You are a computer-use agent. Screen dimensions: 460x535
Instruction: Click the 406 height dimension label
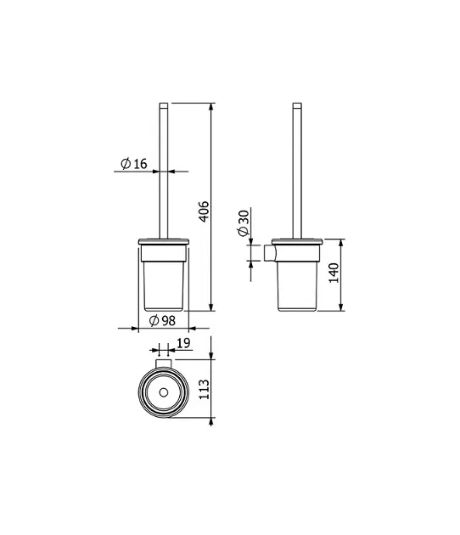(x=204, y=211)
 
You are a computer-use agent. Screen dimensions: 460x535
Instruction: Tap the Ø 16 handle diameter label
(x=133, y=164)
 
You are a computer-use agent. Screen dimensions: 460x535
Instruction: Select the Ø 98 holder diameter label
(x=162, y=320)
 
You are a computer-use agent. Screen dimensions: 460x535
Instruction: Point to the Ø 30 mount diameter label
(x=244, y=223)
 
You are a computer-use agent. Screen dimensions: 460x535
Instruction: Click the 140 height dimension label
(x=334, y=273)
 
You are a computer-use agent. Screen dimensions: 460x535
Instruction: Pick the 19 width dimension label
(x=183, y=343)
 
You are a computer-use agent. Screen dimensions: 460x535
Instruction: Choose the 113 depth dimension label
(x=204, y=389)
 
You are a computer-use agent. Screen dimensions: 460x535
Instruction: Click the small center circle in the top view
(x=164, y=392)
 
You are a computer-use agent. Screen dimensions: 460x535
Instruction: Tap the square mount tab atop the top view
(x=164, y=363)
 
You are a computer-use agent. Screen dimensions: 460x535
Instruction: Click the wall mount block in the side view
(x=269, y=253)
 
